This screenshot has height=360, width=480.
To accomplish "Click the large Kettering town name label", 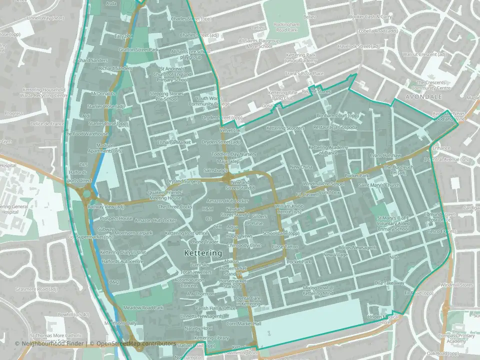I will tap(203, 253).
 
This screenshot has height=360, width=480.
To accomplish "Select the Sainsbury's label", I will tap(215, 171).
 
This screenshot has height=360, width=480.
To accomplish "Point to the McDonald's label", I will tap(103, 94).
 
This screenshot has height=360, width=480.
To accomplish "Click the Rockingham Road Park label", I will tap(286, 27).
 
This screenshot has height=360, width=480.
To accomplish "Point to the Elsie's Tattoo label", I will tap(285, 247).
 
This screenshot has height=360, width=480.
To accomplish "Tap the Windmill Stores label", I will tap(456, 285).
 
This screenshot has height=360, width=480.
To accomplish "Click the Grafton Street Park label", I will tap(138, 50).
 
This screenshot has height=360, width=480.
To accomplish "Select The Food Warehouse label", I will tap(86, 134).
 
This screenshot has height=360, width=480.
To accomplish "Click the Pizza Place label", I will tap(304, 74).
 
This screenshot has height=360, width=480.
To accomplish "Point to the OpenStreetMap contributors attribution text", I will tap(136, 344).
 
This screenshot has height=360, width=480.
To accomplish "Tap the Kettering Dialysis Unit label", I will tap(123, 252).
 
